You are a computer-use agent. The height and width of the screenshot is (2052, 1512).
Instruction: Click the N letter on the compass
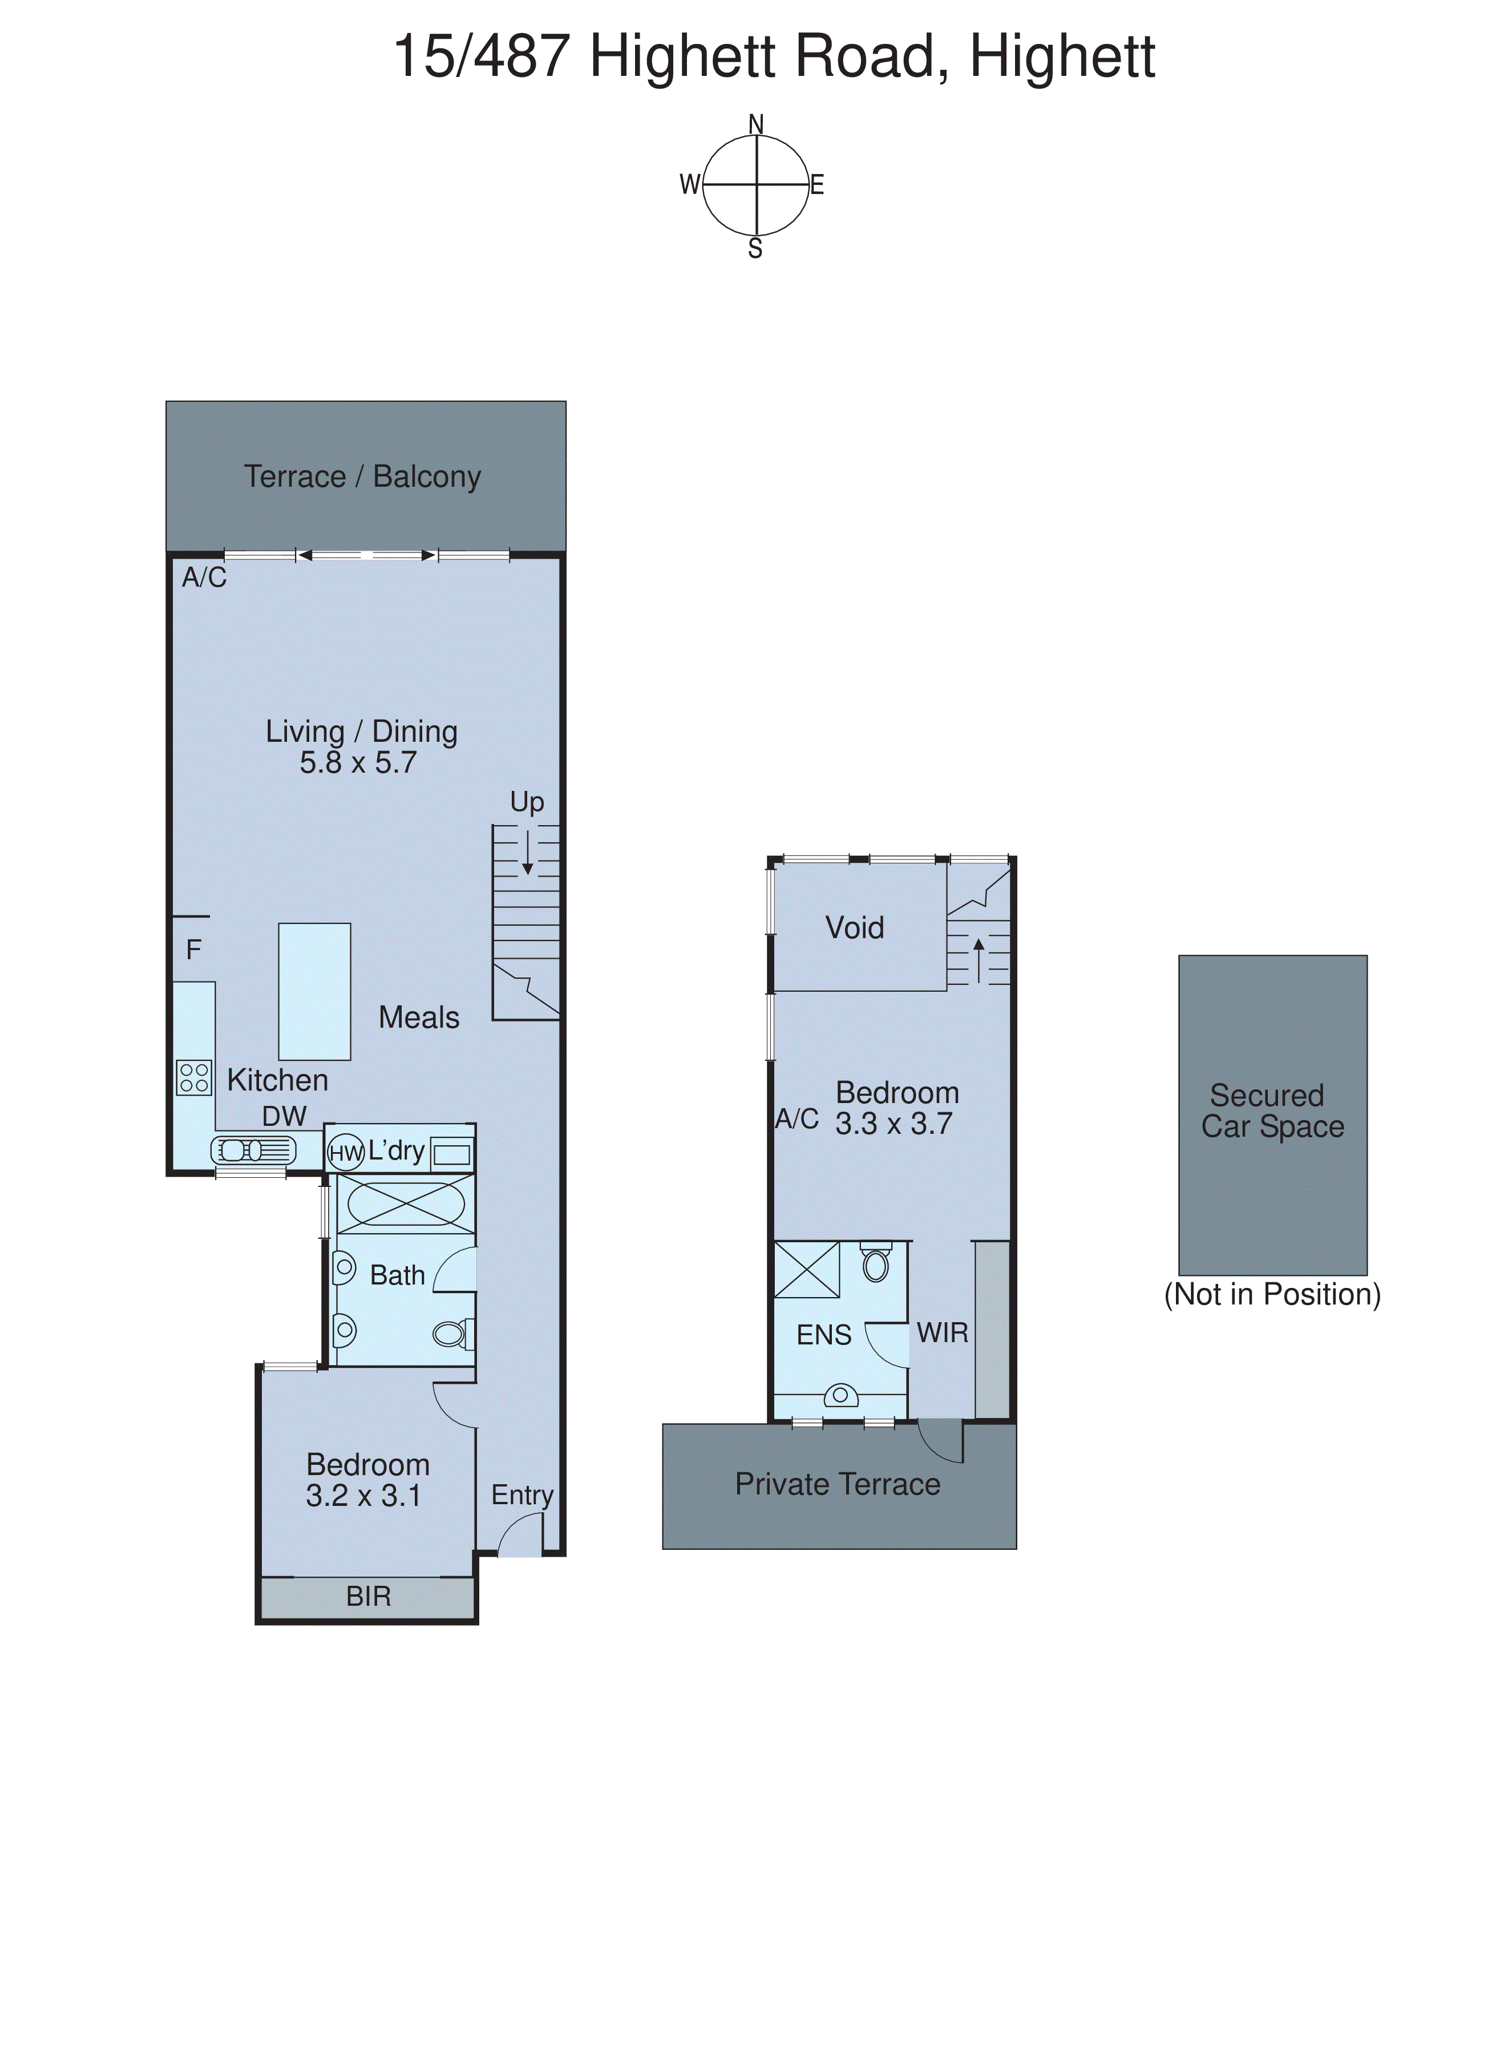click(x=756, y=124)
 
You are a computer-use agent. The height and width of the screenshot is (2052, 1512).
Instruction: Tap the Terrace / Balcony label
click(x=362, y=477)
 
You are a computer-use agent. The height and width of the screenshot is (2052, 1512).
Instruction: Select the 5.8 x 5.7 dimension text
click(x=358, y=762)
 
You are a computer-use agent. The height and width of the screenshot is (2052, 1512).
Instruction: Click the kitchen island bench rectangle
click(x=314, y=991)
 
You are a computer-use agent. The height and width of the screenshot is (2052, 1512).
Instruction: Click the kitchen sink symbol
click(x=253, y=1150)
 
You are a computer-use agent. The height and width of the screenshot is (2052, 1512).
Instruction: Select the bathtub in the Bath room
click(x=406, y=1203)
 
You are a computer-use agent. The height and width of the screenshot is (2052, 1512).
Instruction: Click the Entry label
click(x=521, y=1494)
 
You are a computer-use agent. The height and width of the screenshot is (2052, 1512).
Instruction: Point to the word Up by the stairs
click(x=527, y=802)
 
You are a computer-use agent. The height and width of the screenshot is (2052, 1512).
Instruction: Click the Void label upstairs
click(x=855, y=928)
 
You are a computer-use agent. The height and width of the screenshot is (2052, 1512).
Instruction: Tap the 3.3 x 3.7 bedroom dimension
click(x=894, y=1124)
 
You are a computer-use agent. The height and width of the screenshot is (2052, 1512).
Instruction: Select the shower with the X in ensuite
click(x=806, y=1270)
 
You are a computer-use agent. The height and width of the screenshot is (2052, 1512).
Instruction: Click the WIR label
click(x=942, y=1332)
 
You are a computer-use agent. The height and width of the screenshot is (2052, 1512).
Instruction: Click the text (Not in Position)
click(x=1272, y=1294)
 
